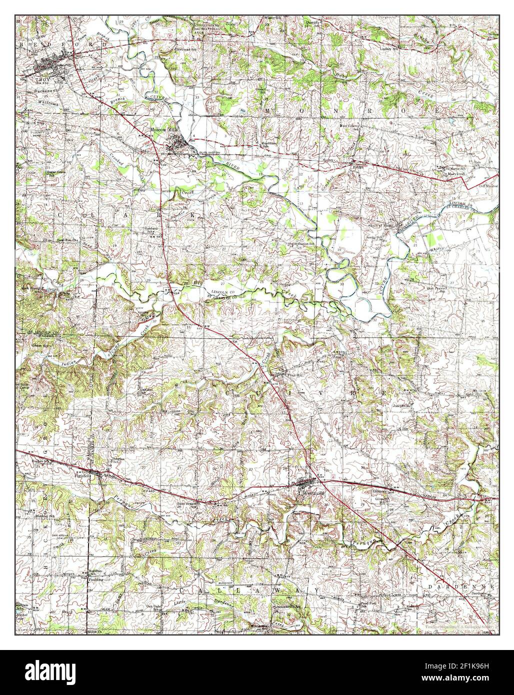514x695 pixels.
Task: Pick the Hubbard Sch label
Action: (152, 232)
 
